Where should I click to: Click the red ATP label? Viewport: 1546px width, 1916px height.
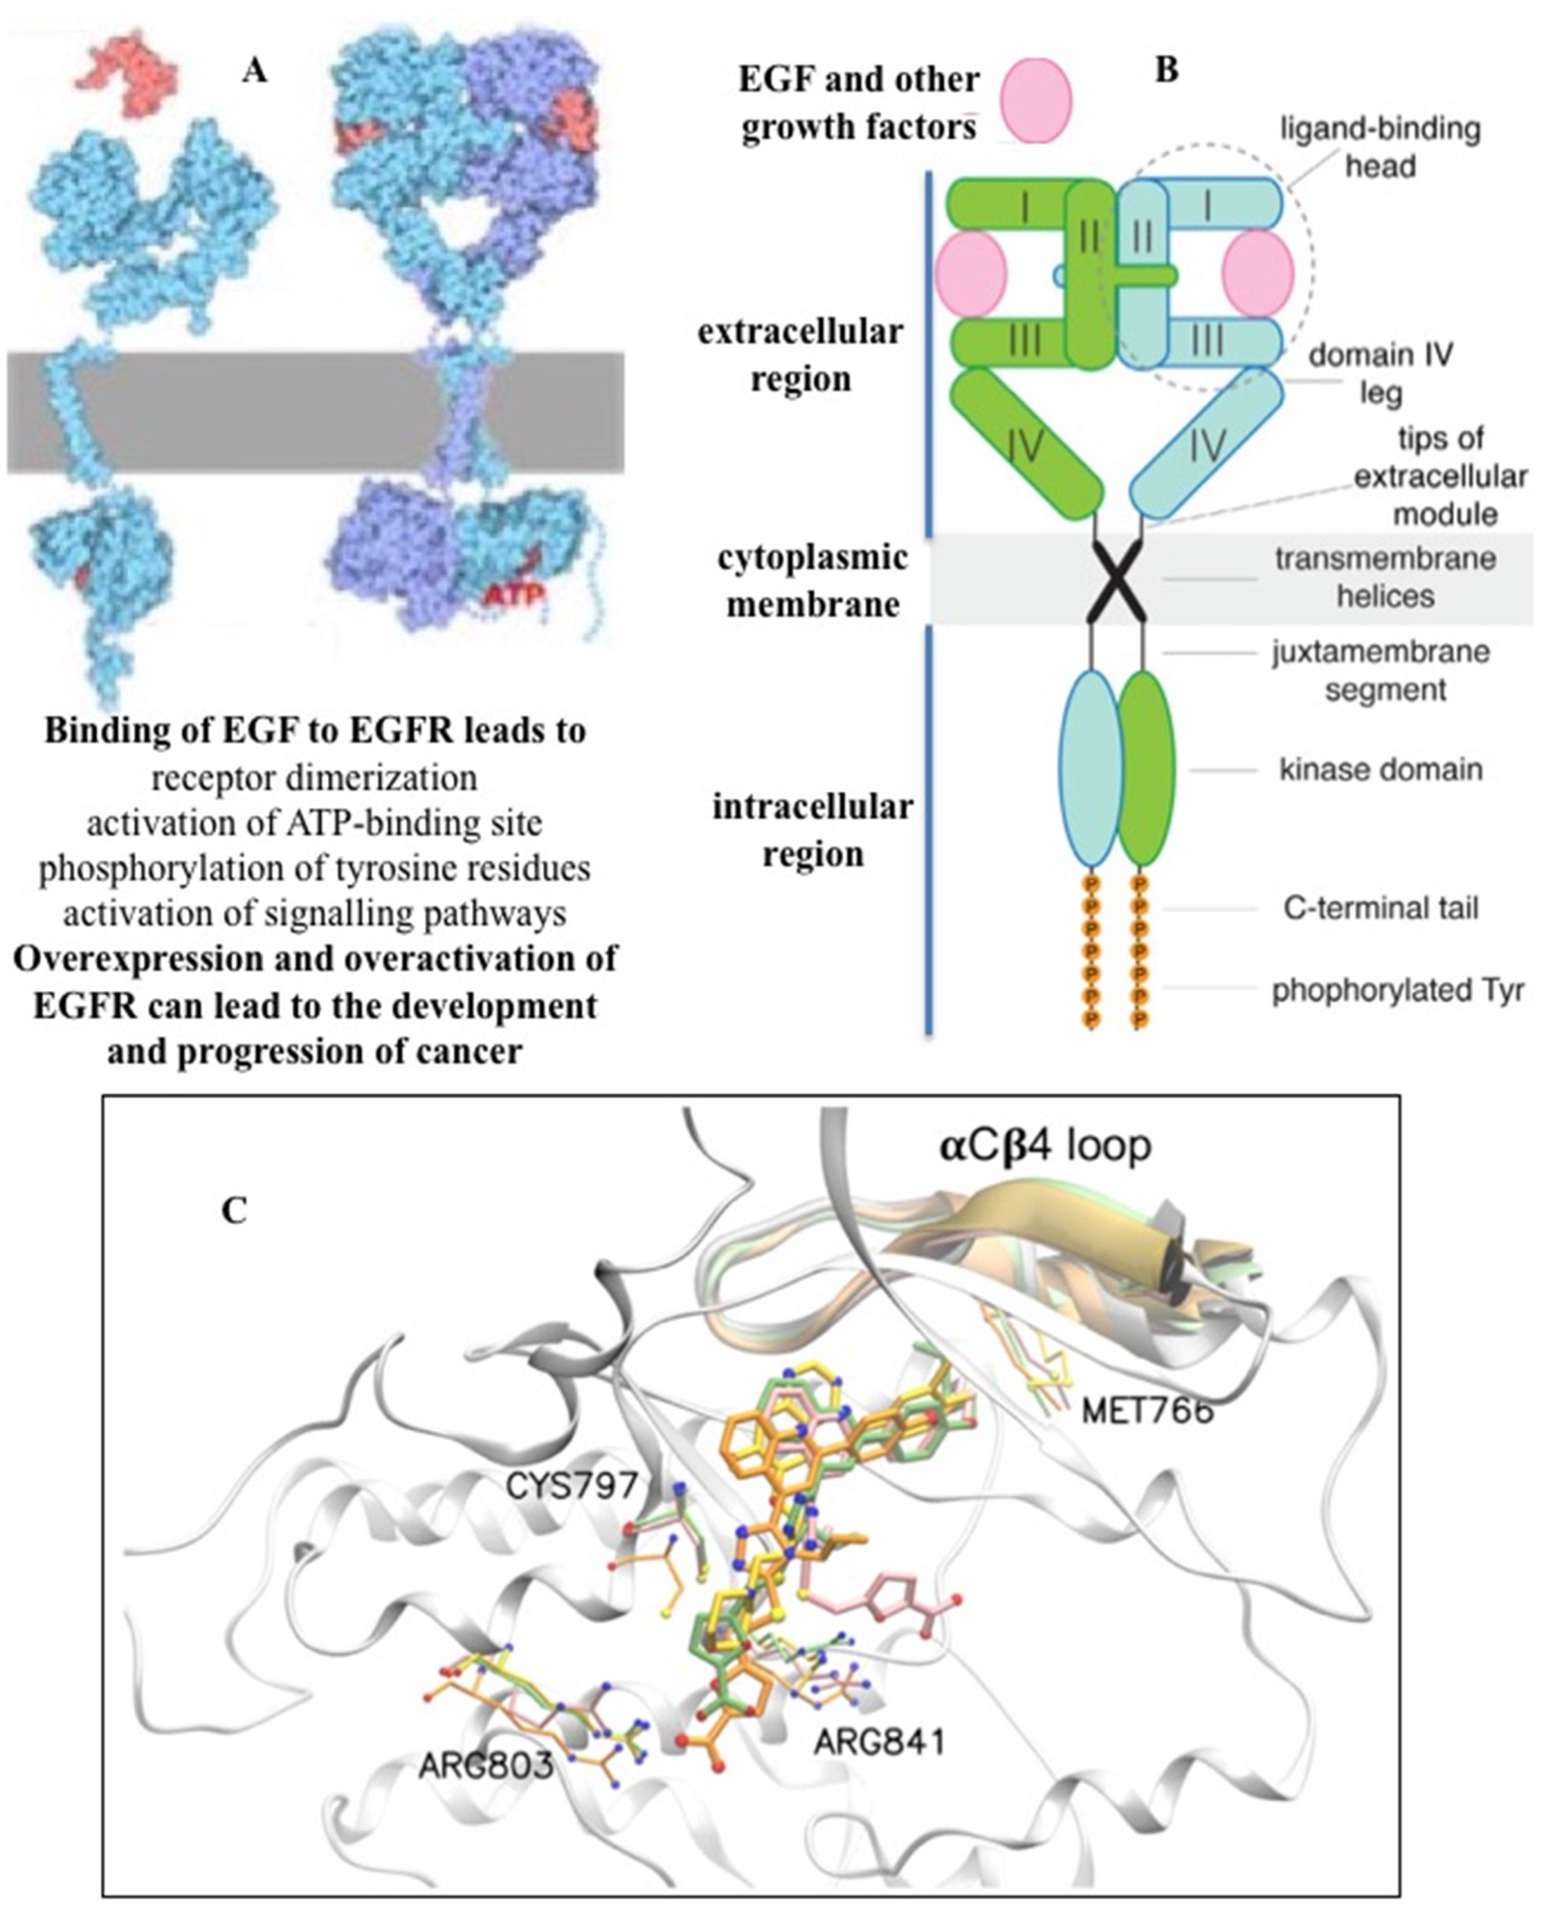click(515, 594)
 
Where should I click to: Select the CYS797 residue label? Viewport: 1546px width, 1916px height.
click(572, 1485)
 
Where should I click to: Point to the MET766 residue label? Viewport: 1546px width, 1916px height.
click(1148, 1410)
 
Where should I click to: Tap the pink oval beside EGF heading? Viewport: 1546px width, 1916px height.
click(1036, 100)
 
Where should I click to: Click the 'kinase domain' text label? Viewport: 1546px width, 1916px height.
click(1380, 769)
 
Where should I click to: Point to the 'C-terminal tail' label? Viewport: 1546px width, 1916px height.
click(1380, 909)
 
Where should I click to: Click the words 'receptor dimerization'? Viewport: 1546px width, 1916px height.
click(315, 778)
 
